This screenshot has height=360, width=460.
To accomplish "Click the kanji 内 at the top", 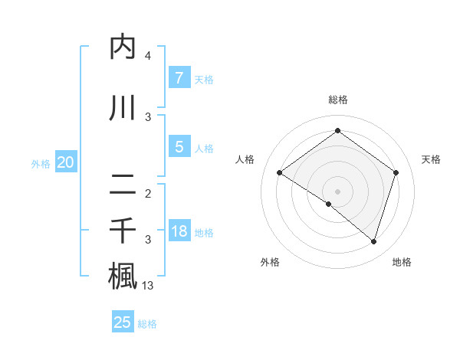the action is [x=123, y=47].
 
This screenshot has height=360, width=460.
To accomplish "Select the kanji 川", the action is [x=123, y=108].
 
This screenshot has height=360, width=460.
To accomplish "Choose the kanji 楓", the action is [x=123, y=277].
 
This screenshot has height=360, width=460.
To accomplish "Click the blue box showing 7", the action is [x=179, y=78].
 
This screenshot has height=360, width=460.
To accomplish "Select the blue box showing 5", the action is [x=179, y=147].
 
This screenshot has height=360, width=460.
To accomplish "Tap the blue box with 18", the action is [x=179, y=231].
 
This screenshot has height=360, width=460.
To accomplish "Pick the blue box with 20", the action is [x=66, y=162].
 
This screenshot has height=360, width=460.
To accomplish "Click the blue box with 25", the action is [x=123, y=322].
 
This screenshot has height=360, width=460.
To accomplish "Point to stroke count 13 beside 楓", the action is [x=148, y=286].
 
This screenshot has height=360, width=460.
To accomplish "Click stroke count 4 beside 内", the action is [x=148, y=56].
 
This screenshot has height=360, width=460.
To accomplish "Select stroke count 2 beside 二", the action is [x=148, y=194].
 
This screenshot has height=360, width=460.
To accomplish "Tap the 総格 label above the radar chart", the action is [x=337, y=100].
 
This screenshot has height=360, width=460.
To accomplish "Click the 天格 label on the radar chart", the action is [x=432, y=159].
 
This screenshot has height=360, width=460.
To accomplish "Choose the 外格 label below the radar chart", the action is [x=270, y=263].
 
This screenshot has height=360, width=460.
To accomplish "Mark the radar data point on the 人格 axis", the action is [x=280, y=173].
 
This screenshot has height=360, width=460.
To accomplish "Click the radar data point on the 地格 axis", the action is [x=373, y=241].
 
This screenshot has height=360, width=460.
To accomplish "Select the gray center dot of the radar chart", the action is [x=337, y=191].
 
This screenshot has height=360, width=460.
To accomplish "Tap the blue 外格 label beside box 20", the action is [x=41, y=163].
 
